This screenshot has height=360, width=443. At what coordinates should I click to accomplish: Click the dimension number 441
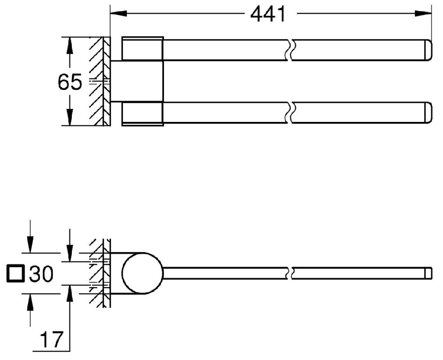tap(268, 14)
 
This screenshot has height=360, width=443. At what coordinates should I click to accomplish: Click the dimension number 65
tap(70, 82)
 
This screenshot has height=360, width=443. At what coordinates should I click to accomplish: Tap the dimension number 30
tap(41, 274)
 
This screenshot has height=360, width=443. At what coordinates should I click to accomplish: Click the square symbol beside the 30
tap(16, 274)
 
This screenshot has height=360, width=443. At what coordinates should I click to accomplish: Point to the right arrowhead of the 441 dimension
tap(426, 13)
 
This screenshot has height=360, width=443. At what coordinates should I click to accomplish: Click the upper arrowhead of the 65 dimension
tap(68, 44)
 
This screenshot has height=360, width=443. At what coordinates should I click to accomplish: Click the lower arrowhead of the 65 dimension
tap(68, 119)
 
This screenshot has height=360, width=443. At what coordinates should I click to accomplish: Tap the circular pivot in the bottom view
tap(142, 273)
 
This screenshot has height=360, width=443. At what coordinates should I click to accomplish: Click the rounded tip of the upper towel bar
tap(428, 49)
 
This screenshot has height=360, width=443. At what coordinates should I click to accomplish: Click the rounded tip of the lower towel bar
tap(428, 112)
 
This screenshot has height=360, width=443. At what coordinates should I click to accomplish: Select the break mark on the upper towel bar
tap(289, 49)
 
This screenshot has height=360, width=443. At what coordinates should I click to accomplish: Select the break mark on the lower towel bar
tap(289, 112)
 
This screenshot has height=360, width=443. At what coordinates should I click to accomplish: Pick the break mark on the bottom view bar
tap(289, 273)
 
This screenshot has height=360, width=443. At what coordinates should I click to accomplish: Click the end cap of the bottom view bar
tap(428, 273)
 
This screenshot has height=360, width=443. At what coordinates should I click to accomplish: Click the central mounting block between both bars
tap(138, 81)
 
